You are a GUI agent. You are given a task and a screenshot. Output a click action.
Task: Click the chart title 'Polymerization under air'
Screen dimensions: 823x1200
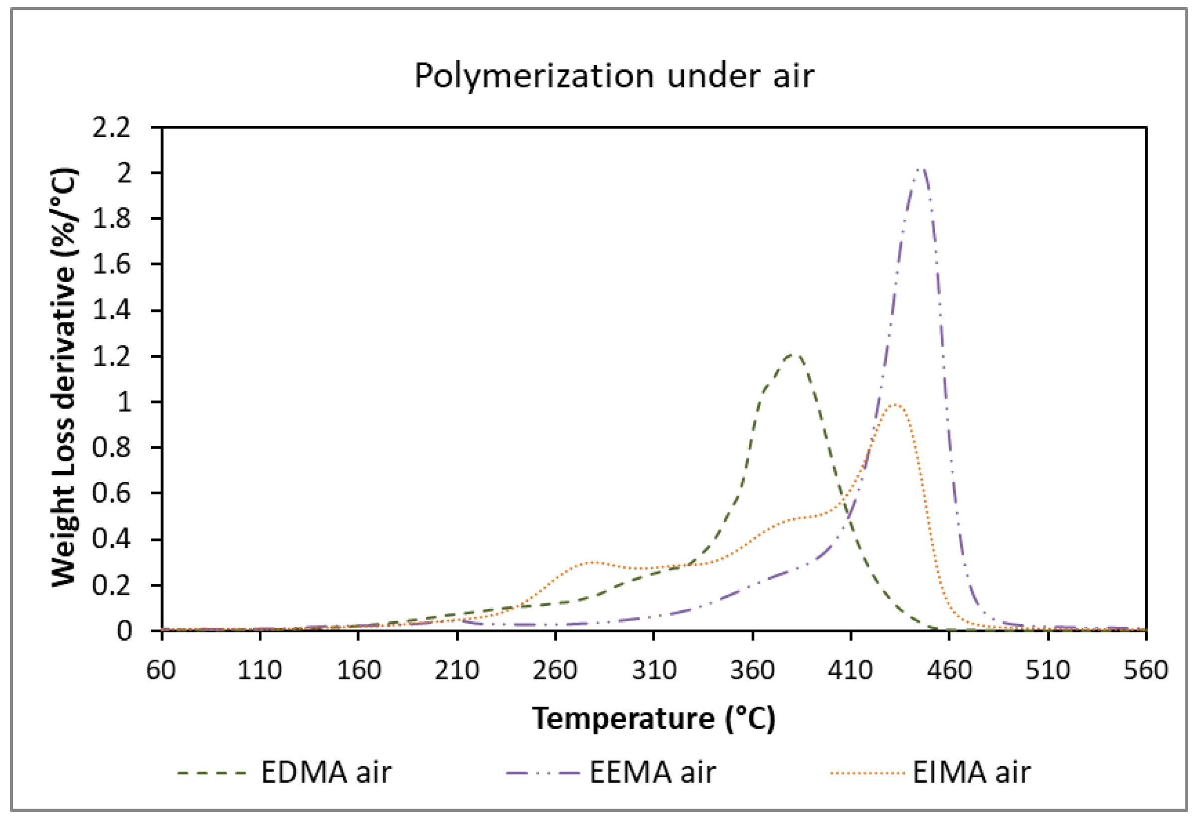[x=614, y=76]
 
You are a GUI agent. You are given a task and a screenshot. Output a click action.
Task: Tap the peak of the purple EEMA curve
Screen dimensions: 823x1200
[x=921, y=169]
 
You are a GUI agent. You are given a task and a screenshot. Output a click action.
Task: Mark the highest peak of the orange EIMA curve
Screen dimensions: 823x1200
[x=894, y=405]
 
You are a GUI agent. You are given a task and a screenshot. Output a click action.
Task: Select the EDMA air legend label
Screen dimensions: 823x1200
[x=326, y=772]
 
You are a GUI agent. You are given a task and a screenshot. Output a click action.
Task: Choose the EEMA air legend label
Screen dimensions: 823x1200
[x=653, y=772]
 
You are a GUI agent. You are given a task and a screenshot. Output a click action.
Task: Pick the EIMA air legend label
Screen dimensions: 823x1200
[x=971, y=772]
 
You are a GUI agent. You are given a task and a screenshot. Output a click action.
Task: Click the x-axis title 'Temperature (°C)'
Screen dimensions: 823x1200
[x=654, y=718]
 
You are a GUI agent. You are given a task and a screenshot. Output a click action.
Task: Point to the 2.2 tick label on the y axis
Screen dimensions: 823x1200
[x=112, y=128]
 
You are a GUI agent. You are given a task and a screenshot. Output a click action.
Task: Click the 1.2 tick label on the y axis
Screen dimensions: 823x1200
[x=112, y=357]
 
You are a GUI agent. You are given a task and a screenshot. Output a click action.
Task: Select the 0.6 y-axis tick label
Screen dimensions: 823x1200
[x=112, y=494]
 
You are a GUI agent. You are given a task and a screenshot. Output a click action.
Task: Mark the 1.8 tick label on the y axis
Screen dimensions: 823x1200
[x=112, y=219]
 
